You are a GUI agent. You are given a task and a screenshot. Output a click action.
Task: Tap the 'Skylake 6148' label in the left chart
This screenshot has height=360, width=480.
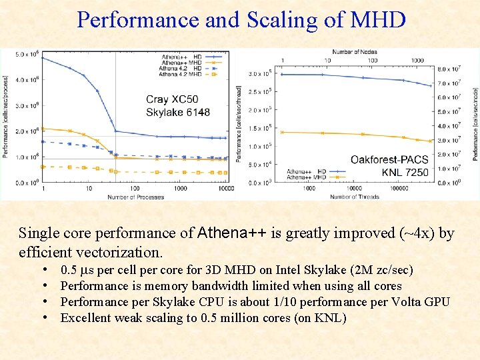178,112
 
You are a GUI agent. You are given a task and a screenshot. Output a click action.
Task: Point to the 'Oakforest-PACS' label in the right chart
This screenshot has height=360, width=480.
389,159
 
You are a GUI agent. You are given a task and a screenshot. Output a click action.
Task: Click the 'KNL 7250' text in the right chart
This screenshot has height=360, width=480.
405,172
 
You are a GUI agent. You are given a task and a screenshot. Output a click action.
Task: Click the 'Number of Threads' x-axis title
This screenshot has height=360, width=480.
354,197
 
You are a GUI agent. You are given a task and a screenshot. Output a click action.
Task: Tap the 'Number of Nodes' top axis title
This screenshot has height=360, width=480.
354,52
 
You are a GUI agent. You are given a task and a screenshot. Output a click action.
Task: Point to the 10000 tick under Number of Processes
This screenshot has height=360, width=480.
227,189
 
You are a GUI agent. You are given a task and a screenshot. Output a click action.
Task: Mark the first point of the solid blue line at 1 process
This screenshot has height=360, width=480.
43,58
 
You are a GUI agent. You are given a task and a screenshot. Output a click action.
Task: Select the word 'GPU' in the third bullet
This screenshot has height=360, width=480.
437,302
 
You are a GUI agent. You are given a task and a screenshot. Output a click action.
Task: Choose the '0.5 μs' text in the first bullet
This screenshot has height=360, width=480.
76,270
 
